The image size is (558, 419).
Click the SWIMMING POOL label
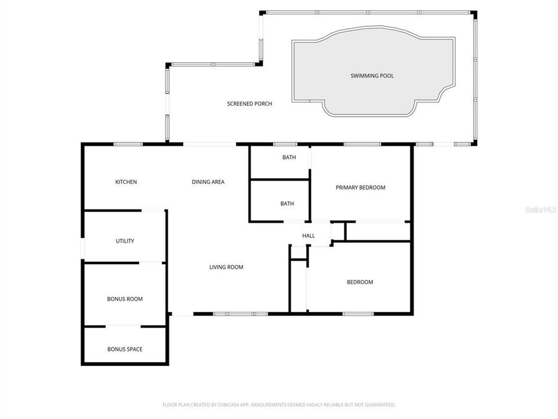pyautogui.click(x=372, y=76)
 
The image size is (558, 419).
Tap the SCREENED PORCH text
pyautogui.click(x=249, y=104)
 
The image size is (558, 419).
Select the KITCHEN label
pyautogui.click(x=126, y=182)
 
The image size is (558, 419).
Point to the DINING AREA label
pyautogui.click(x=208, y=182)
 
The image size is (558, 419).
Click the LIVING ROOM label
pyautogui.click(x=226, y=267)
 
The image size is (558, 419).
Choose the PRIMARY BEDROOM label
pyautogui.click(x=360, y=187)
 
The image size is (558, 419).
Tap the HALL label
pyautogui.click(x=308, y=236)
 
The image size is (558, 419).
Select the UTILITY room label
pyautogui.click(x=125, y=241)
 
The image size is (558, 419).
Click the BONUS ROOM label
pyautogui.click(x=124, y=299)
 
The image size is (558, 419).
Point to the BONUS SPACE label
pyautogui.click(x=124, y=349)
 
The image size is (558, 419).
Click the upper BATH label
pyautogui.click(x=289, y=157)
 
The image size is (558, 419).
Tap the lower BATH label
pyautogui.click(x=287, y=204)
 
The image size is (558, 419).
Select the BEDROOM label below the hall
pyautogui.click(x=360, y=282)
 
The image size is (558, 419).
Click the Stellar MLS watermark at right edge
pyautogui.click(x=540, y=209)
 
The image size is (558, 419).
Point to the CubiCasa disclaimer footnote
pyautogui.click(x=278, y=404)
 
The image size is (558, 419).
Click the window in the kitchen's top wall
pyautogui.click(x=128, y=144)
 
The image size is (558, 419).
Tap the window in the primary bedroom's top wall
pyautogui.click(x=362, y=144)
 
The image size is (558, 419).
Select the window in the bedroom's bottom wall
pyautogui.click(x=358, y=314)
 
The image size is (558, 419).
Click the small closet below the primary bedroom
pyautogui.click(x=378, y=231)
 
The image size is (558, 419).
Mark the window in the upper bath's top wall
pyautogui.click(x=285, y=144)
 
